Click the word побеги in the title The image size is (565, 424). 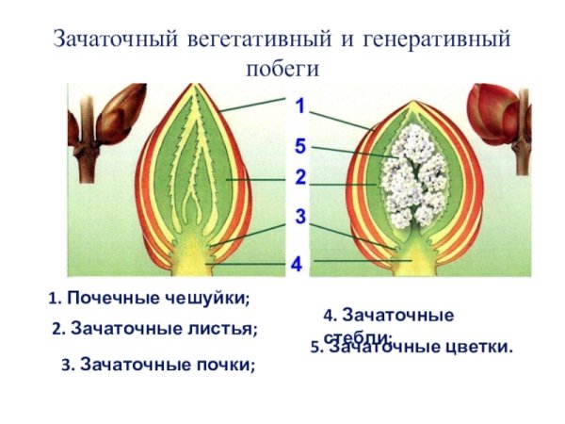coord(283,69)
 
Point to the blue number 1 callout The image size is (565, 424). coord(299,106)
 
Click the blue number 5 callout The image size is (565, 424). coord(299,147)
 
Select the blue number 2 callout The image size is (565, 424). coord(299,177)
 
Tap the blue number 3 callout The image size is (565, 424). coord(299,218)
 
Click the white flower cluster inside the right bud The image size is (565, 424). coord(414,174)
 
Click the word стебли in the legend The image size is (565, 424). coord(356,337)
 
